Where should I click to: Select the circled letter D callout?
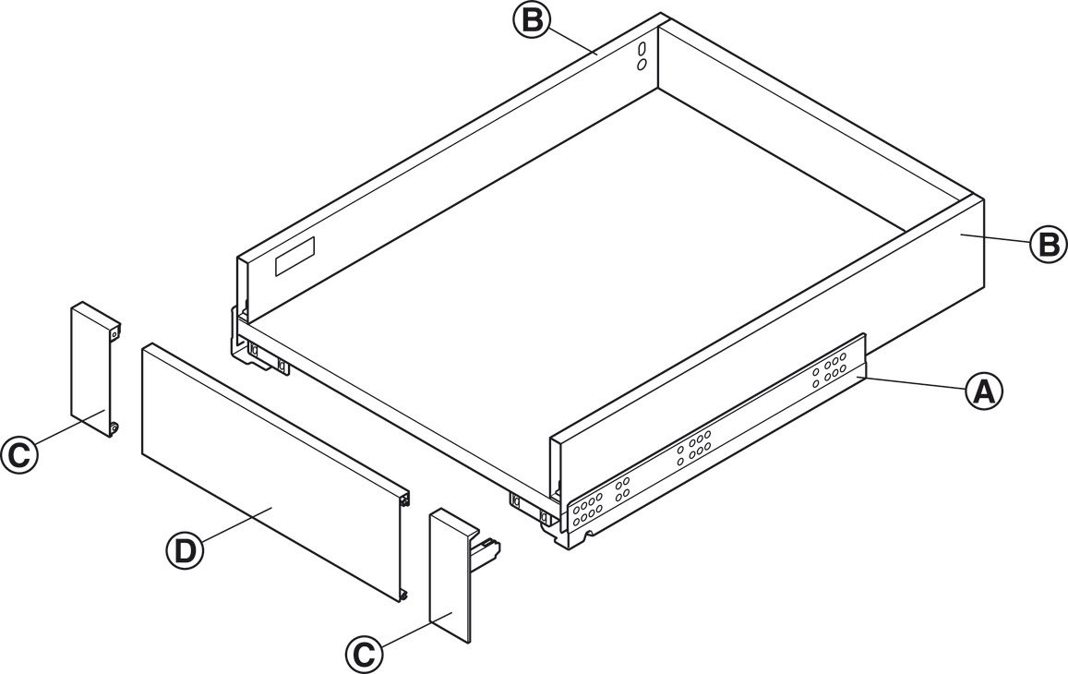[x=185, y=551]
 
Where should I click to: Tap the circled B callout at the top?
[x=531, y=19]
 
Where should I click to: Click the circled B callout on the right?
[x=1048, y=244]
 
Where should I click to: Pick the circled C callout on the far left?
[x=19, y=454]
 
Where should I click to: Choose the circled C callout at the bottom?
[x=365, y=654]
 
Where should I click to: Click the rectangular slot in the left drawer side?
[x=295, y=257]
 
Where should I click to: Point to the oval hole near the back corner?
[x=642, y=51]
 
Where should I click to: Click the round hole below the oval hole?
[x=642, y=65]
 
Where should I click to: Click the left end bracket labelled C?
[x=95, y=368]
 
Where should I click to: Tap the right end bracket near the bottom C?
[x=455, y=574]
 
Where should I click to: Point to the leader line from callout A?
[x=915, y=382]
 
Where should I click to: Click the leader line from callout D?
[x=236, y=524]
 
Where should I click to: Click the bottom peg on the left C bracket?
[x=114, y=427]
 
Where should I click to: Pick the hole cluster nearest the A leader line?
[x=828, y=368]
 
